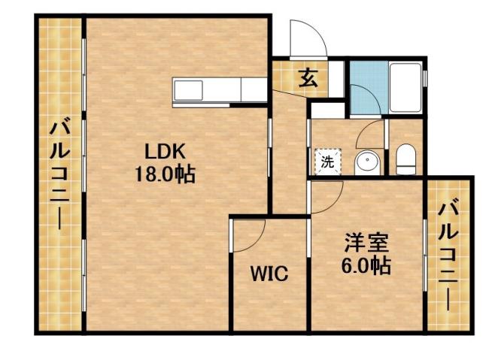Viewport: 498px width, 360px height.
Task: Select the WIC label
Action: tap(269, 274)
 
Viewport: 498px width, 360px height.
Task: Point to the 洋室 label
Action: tap(366, 243)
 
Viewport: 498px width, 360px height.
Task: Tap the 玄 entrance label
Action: tap(308, 77)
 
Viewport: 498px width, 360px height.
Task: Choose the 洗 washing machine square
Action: tap(327, 160)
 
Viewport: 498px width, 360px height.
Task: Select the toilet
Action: tap(405, 159)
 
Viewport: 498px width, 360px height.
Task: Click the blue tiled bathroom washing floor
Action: tap(369, 75)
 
